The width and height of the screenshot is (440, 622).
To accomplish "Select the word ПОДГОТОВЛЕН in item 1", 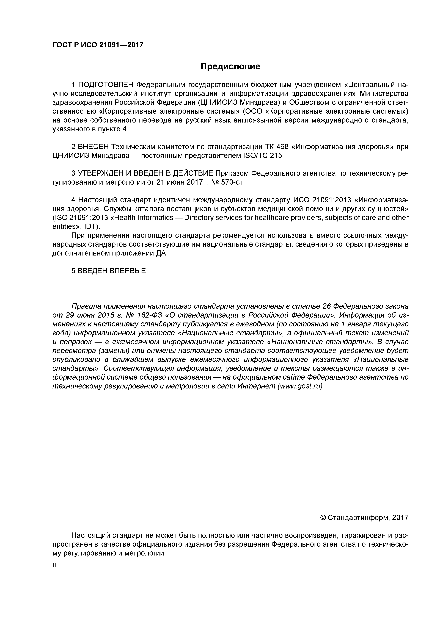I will pos(106,85).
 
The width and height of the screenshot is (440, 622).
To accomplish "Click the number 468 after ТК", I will pos(282,147).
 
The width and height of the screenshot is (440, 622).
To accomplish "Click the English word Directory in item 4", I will pos(197,218).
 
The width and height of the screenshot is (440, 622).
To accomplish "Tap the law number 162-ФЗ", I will pos(148,315).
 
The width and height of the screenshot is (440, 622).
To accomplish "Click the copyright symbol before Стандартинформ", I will pos(323,517).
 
